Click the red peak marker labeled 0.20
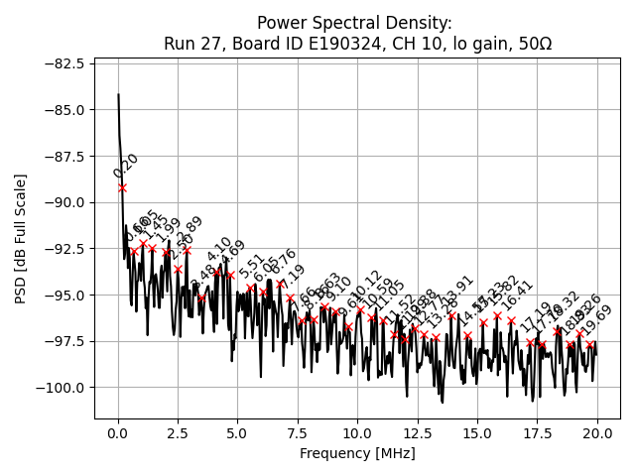(x=122, y=187)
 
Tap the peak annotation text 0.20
(x=126, y=166)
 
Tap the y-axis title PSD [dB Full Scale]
(x=21, y=238)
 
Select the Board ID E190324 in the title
(x=285, y=44)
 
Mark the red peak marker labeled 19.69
(x=589, y=345)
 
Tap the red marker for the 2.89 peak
(x=187, y=251)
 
